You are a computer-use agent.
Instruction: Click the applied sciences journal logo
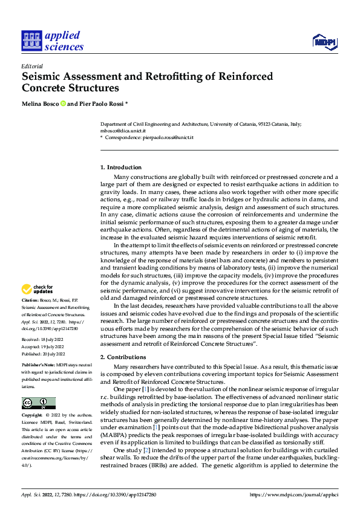click(52, 41)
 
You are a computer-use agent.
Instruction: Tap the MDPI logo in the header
click(324, 41)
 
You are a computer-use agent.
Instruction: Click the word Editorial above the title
click(32, 66)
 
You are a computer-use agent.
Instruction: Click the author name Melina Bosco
click(39, 104)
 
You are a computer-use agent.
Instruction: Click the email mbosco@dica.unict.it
click(123, 131)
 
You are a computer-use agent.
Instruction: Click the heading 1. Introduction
click(121, 167)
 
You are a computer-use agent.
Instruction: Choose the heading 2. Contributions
click(123, 357)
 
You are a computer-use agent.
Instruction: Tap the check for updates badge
click(38, 289)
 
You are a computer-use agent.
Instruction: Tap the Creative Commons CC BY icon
click(38, 403)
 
